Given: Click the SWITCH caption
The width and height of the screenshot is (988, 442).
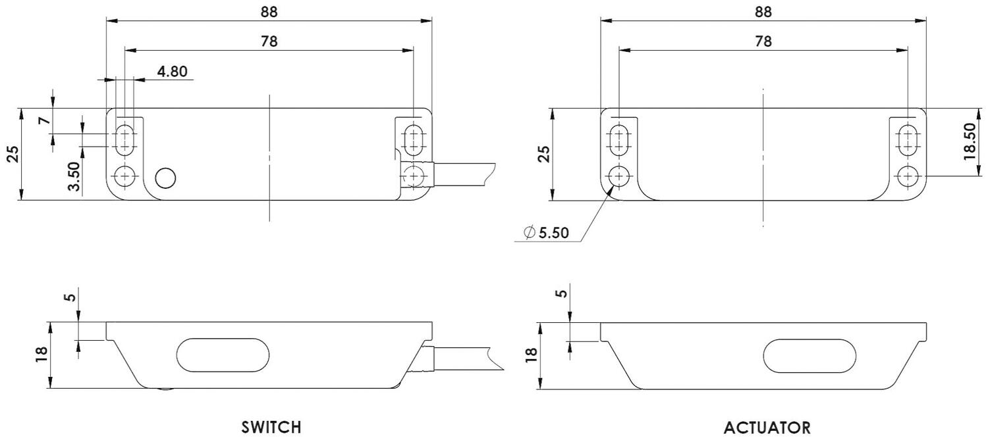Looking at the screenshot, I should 271,428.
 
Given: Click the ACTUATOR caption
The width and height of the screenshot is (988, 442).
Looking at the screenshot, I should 767,428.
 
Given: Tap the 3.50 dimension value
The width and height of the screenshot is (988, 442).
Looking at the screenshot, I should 75,176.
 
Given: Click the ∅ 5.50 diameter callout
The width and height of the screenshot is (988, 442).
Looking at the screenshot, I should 545,233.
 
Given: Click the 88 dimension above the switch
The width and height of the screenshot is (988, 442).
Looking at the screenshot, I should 269,11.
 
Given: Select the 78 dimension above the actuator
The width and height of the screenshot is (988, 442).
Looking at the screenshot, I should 763,41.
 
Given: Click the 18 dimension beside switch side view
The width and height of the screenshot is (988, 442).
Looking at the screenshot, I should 41,355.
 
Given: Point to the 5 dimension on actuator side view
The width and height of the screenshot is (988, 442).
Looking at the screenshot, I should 561,293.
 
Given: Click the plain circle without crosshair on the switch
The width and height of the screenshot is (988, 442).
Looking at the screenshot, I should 165,178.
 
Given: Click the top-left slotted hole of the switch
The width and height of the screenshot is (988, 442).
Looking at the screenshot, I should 124,139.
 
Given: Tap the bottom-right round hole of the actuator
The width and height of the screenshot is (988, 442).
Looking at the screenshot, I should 909,176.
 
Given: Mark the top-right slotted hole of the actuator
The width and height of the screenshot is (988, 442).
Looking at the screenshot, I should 909,139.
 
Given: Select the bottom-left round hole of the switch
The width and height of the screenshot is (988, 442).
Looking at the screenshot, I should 124,176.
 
